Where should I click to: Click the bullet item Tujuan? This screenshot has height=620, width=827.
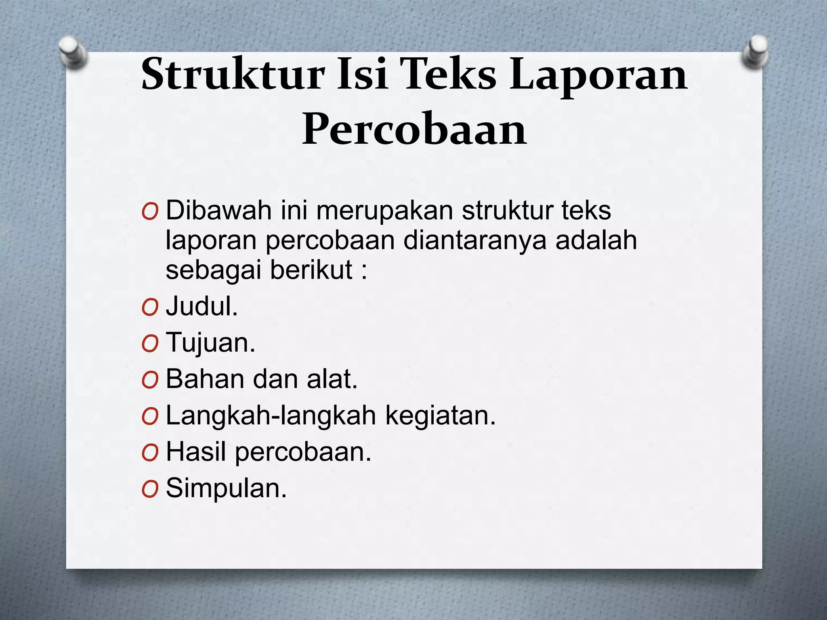click(210, 343)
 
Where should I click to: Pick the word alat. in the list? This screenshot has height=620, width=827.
click(332, 379)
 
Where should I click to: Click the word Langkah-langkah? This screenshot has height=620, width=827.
click(271, 415)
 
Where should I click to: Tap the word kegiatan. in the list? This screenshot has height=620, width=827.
click(441, 415)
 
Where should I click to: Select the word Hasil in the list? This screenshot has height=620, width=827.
click(196, 452)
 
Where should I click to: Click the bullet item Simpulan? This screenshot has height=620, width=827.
click(226, 488)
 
